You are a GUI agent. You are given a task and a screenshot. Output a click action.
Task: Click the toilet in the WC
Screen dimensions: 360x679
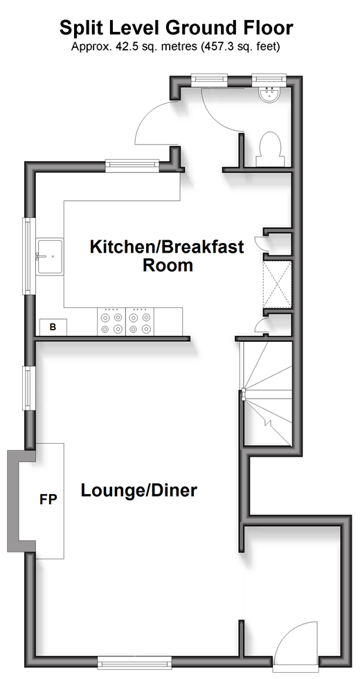pos(270,150)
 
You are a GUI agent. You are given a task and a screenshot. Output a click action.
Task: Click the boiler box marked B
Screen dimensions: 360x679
pos(53,327)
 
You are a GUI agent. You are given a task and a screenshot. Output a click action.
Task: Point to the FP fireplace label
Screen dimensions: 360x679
pos(48,499)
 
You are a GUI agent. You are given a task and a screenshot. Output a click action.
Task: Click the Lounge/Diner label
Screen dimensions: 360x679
pos(139,491)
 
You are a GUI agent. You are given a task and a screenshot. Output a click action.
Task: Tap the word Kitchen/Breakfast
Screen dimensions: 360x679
pos(167,247)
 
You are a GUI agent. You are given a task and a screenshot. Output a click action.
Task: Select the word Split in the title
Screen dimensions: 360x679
pos(80,28)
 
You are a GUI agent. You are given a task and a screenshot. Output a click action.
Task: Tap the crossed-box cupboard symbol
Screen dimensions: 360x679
pos(277,284)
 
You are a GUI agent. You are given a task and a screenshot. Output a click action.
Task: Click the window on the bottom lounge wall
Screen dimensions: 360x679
pos(135,662)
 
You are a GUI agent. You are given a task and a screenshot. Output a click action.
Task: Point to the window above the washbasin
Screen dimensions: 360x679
pos(269,79)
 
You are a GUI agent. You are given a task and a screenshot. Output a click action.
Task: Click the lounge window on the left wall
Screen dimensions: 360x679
pos(28,388)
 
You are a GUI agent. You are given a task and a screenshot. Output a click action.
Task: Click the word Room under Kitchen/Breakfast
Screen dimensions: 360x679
pos(168,264)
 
